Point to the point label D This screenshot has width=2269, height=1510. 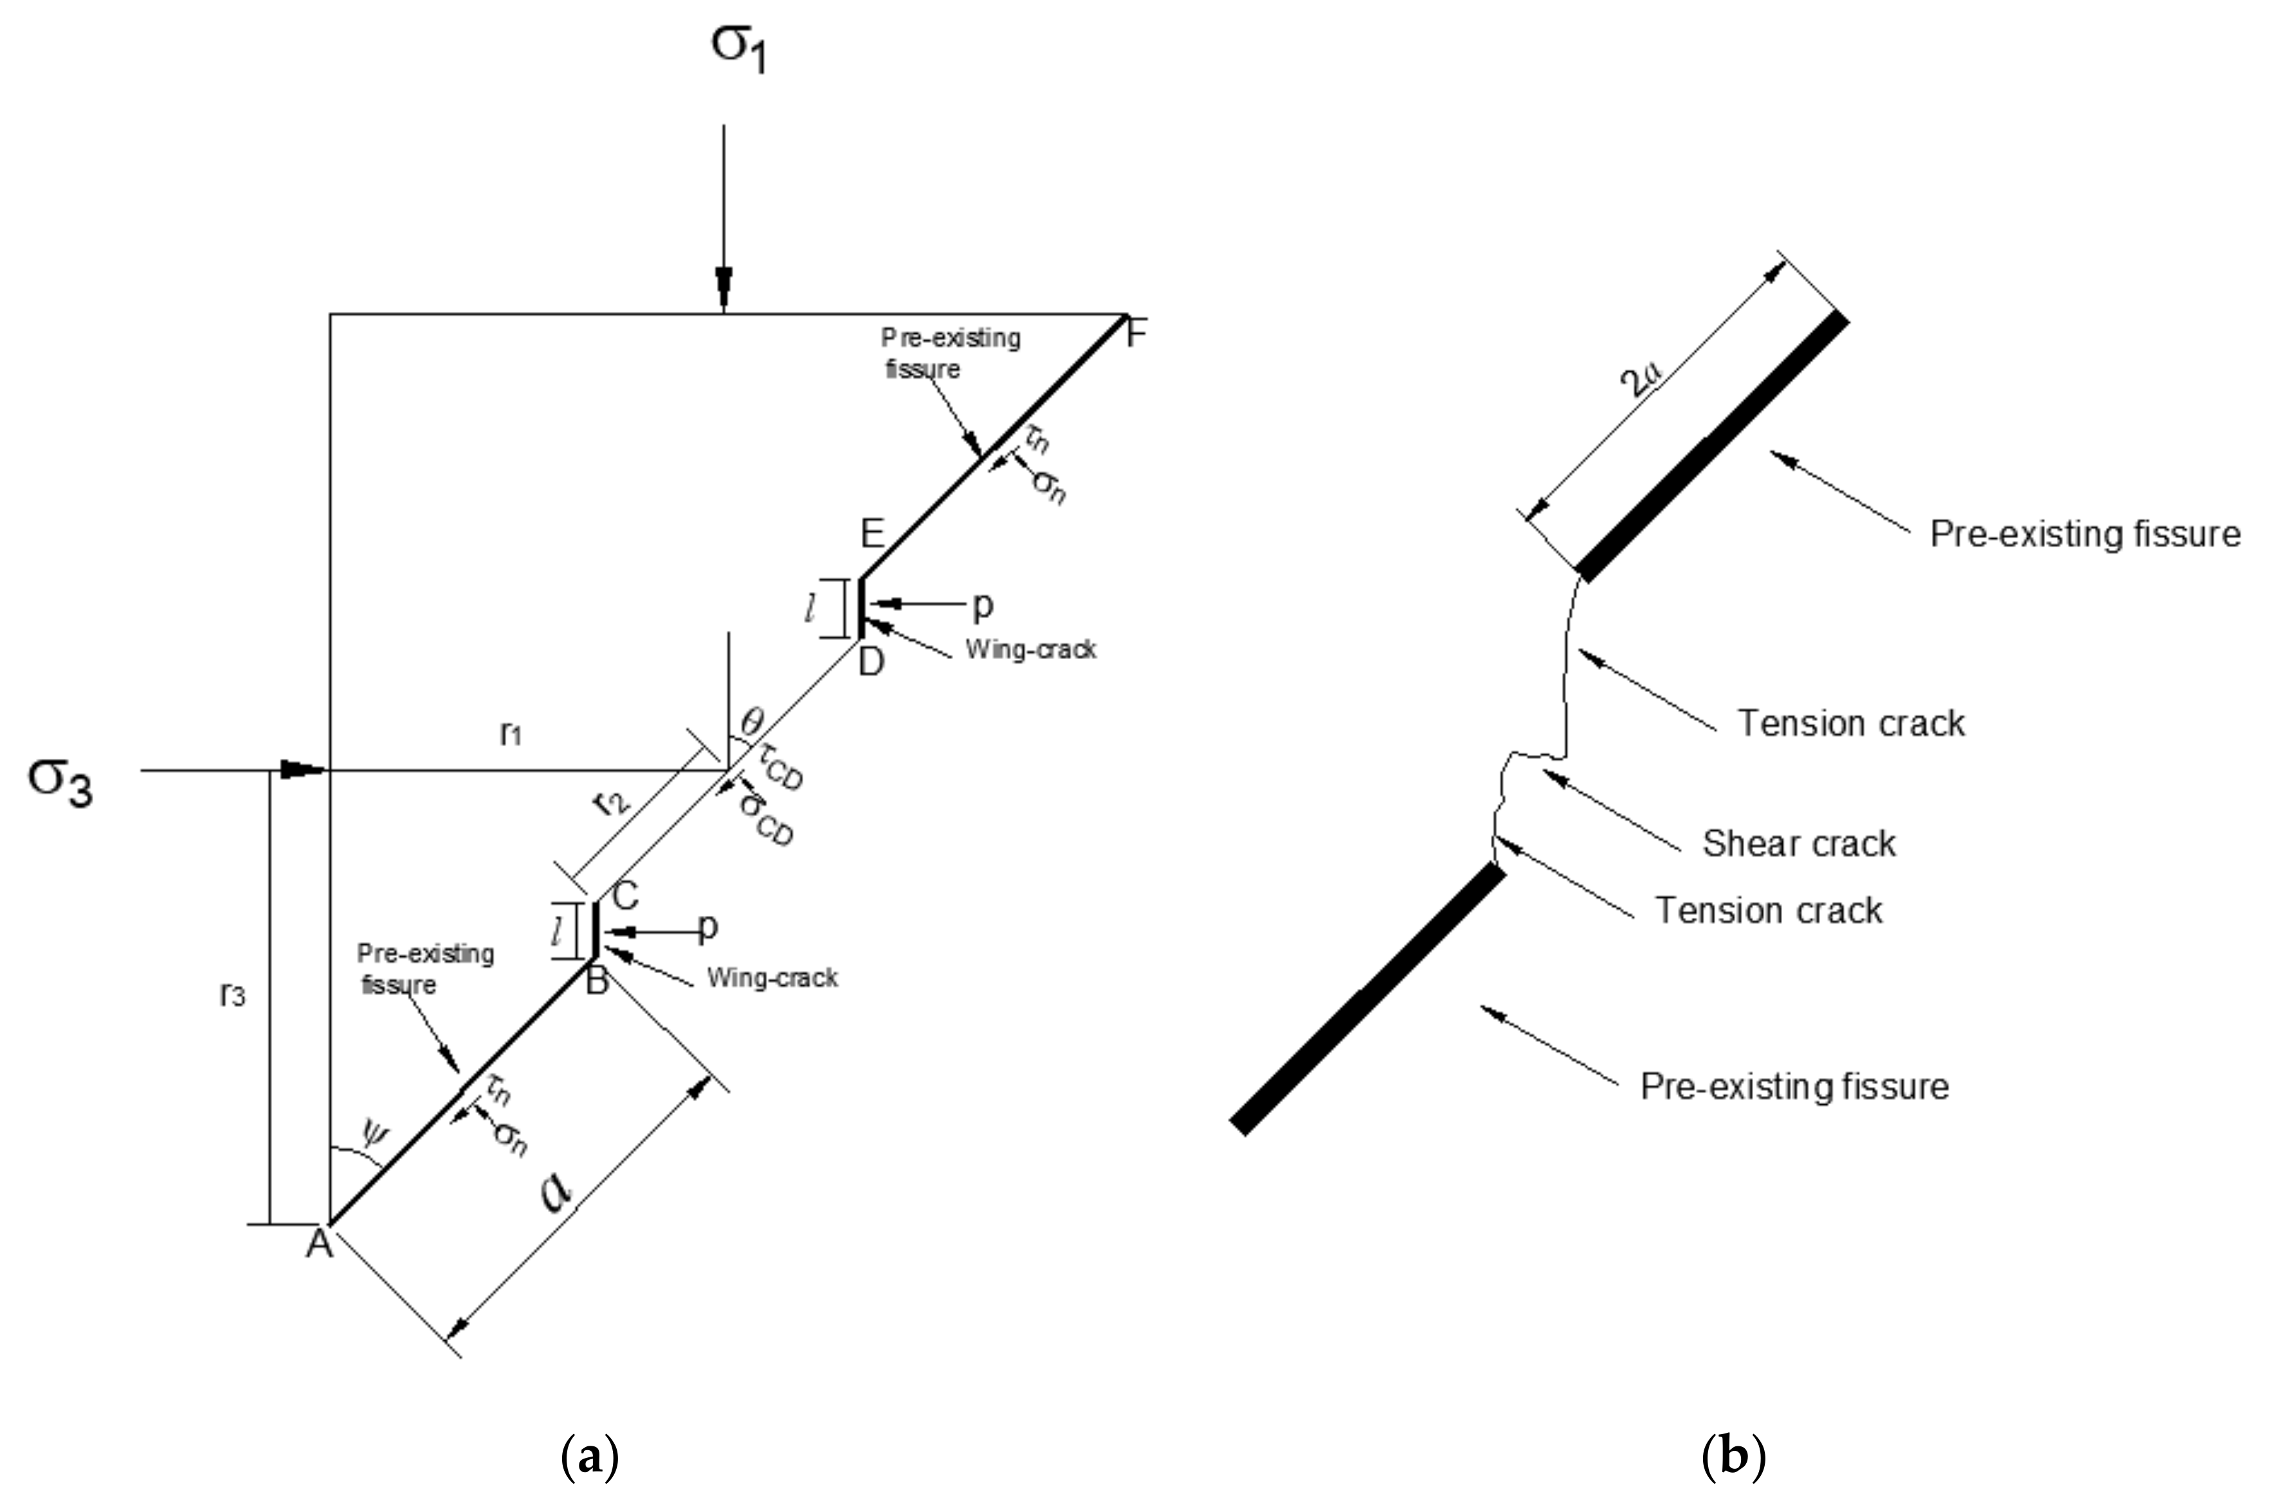pyautogui.click(x=871, y=662)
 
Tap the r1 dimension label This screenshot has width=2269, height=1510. pyautogui.click(x=511, y=735)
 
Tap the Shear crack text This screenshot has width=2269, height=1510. pyautogui.click(x=1798, y=844)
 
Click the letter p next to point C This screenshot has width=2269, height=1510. pyautogui.click(x=708, y=927)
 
